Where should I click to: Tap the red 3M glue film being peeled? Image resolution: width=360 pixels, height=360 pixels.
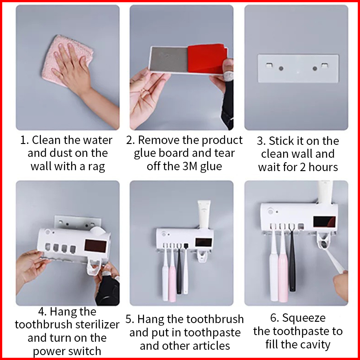click(x=207, y=59)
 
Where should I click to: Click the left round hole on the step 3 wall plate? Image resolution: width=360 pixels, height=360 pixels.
click(x=281, y=68)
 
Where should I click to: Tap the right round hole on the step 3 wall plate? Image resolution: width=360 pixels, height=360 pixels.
click(x=315, y=68)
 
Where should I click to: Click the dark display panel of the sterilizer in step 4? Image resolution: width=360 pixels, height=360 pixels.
click(x=95, y=246)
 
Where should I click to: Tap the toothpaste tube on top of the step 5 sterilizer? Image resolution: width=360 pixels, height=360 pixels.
click(x=204, y=214)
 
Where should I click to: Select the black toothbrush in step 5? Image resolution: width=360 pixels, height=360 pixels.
click(x=179, y=269)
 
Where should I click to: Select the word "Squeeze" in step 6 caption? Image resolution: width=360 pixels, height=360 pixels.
click(x=304, y=318)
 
